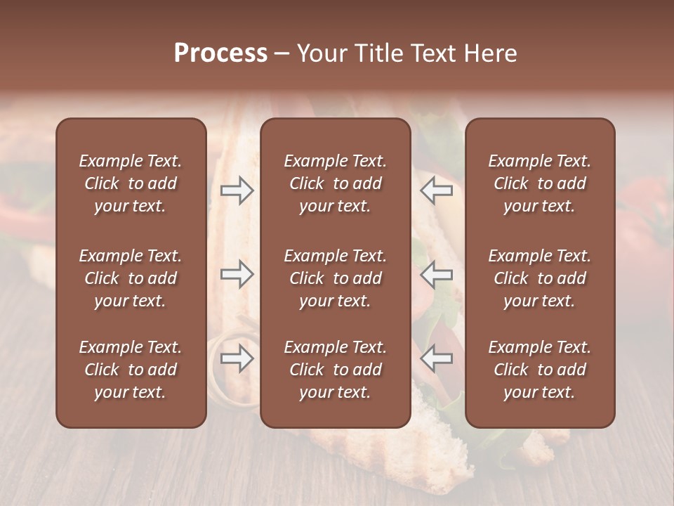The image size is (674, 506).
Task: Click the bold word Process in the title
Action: pyautogui.click(x=220, y=53)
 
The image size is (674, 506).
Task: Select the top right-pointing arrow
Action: pyautogui.click(x=237, y=190)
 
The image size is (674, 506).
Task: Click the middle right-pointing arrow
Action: pyautogui.click(x=237, y=274)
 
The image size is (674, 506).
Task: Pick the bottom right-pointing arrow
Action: pyautogui.click(x=237, y=359)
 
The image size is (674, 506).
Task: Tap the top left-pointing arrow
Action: pyautogui.click(x=436, y=190)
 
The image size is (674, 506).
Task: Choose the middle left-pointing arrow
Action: pyautogui.click(x=436, y=274)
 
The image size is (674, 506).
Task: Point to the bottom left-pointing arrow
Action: pyautogui.click(x=436, y=359)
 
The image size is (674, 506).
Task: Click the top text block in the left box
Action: pyautogui.click(x=131, y=183)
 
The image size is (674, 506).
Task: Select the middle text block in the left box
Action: pyautogui.click(x=131, y=278)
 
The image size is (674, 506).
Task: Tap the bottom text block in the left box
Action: pyautogui.click(x=131, y=370)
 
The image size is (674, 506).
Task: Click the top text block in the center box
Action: pyautogui.click(x=335, y=183)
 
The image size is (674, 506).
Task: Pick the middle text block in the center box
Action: pyautogui.click(x=335, y=278)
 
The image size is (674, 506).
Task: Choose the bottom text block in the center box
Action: pyautogui.click(x=335, y=370)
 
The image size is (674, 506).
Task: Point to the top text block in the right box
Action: pyautogui.click(x=539, y=183)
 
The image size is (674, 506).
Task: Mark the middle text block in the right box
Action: pyautogui.click(x=539, y=278)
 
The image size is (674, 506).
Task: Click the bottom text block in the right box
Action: pyautogui.click(x=539, y=370)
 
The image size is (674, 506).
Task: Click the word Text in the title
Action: pyautogui.click(x=428, y=53)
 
